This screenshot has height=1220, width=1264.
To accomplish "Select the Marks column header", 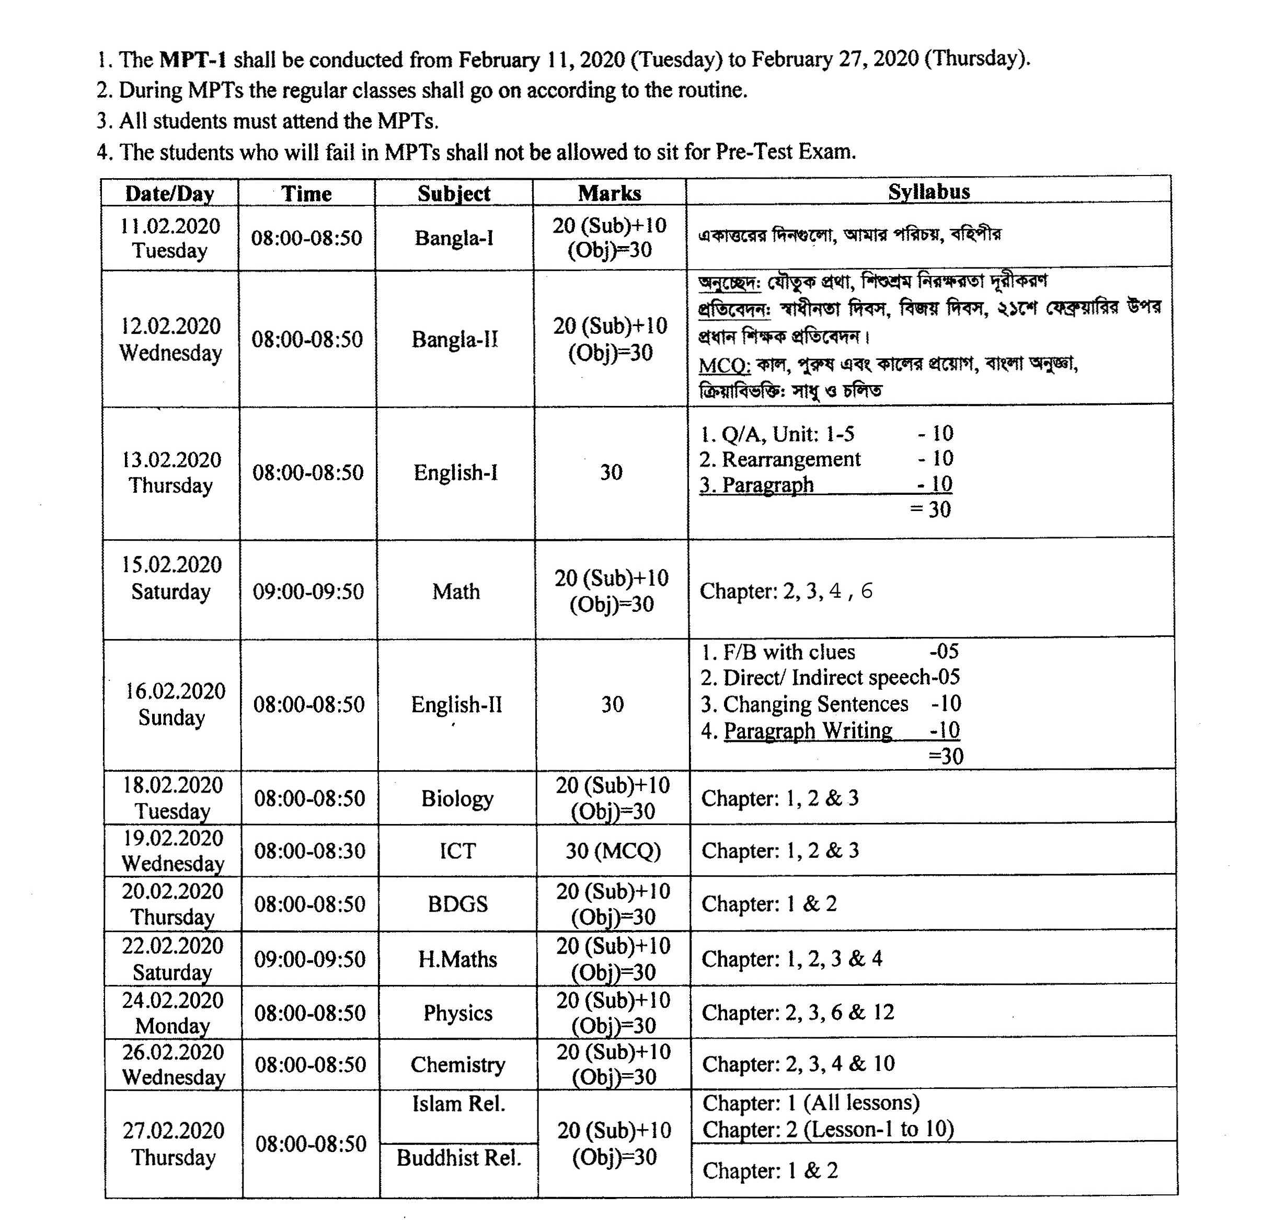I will (610, 193).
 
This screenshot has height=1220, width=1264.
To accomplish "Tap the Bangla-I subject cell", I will (454, 238).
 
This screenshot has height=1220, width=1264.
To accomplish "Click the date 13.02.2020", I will (171, 459).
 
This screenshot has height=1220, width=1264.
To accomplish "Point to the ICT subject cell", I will (457, 851).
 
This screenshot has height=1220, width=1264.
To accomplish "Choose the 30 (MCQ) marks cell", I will (613, 851).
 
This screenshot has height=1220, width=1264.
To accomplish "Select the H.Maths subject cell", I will (457, 959).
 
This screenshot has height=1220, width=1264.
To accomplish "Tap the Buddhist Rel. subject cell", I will (458, 1157).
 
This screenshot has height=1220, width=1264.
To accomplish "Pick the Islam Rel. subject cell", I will (458, 1104).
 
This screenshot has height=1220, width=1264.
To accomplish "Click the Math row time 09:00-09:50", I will (308, 591).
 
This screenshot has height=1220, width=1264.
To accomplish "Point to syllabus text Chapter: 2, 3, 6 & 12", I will (798, 1013).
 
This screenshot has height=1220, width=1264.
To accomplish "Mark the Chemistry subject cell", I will (458, 1064).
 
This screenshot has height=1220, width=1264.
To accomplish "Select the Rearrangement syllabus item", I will (790, 459).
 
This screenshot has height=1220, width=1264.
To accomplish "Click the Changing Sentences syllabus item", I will (815, 704).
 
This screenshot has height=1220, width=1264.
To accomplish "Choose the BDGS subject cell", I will (457, 903).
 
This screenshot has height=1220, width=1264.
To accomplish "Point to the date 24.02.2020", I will (173, 1000).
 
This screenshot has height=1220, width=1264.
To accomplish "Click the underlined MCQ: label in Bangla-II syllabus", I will (724, 365).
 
